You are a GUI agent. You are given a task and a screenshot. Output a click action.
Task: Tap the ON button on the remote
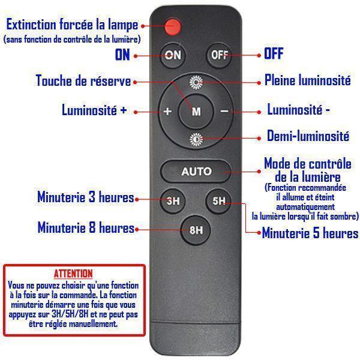tap(173, 55)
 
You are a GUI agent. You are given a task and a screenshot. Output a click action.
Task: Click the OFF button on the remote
tap(219, 55)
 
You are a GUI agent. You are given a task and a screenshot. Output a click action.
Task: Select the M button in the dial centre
tap(196, 112)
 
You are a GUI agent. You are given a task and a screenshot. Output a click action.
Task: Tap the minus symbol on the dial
tap(224, 112)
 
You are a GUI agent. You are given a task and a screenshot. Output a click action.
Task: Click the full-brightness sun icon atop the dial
tap(196, 82)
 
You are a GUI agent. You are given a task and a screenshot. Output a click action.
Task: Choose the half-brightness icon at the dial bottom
tap(196, 139)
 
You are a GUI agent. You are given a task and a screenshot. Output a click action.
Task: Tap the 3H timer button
tap(173, 200)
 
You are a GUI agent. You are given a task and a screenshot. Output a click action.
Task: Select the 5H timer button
tap(218, 200)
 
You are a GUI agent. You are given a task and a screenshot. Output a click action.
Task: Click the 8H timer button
tap(196, 230)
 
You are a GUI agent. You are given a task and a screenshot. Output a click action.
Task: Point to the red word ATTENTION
tap(73, 274)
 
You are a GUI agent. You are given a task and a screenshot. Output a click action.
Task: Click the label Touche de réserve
tap(83, 80)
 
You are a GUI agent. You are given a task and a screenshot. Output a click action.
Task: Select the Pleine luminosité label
tap(308, 80)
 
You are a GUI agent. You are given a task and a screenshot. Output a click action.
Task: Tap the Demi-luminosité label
tap(308, 136)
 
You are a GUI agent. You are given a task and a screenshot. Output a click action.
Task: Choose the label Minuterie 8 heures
tap(86, 227)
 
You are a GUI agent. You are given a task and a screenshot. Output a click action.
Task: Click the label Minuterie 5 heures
tap(310, 233)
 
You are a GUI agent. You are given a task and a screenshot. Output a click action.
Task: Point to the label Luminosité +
tap(94, 110)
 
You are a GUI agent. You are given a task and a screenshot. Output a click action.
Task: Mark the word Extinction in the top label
tap(31, 25)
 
